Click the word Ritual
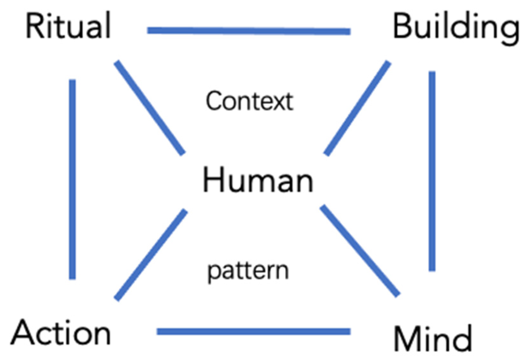(x=68, y=26)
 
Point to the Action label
(x=61, y=333)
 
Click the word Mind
(x=433, y=338)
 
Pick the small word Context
(x=249, y=101)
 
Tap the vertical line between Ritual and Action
(x=72, y=179)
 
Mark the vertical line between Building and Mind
(x=432, y=171)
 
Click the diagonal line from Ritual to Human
(x=149, y=108)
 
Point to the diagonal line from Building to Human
(x=357, y=108)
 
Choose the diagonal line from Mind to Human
(x=360, y=251)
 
